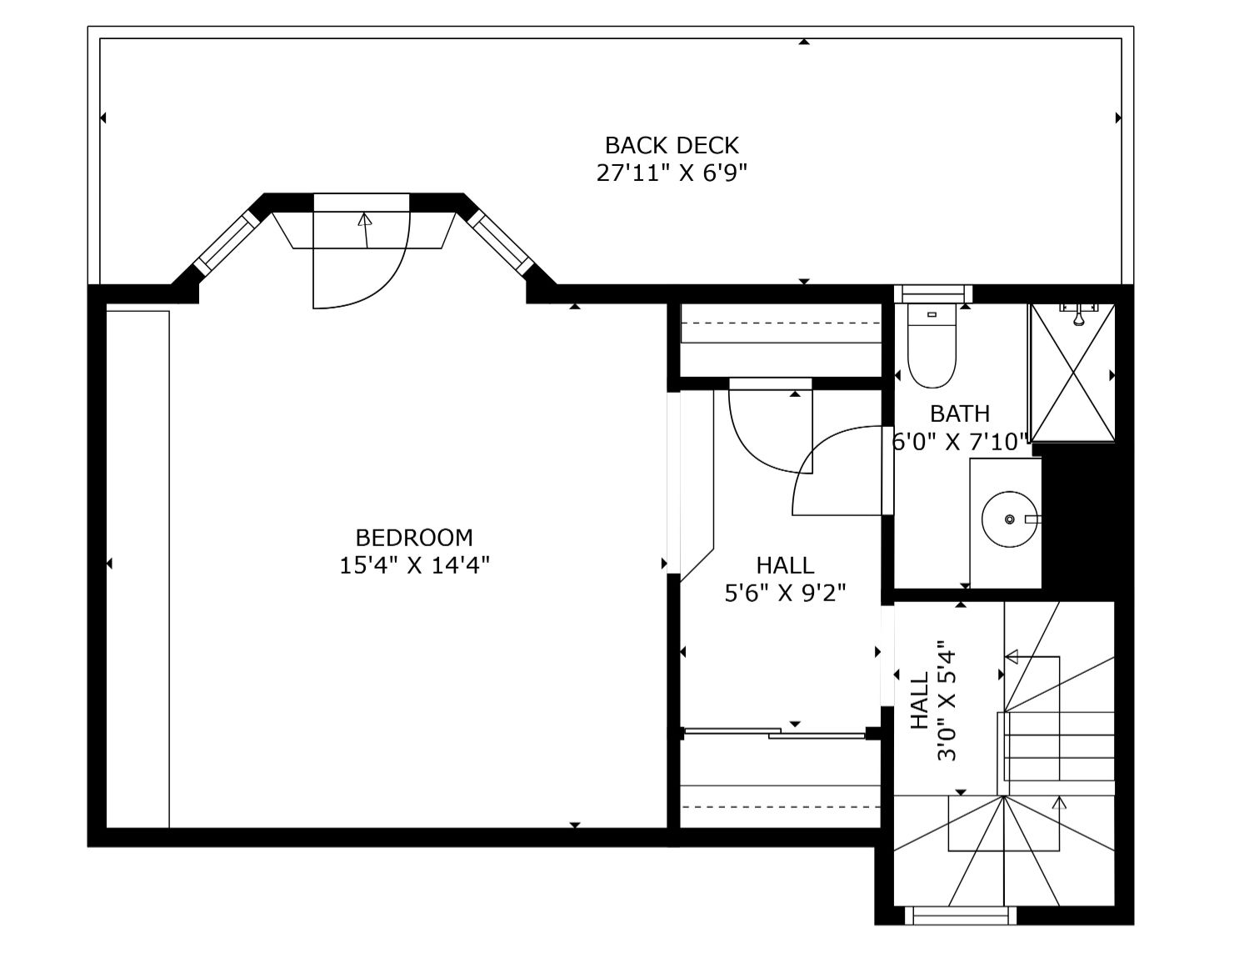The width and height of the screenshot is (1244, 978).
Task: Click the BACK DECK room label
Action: pyautogui.click(x=672, y=145)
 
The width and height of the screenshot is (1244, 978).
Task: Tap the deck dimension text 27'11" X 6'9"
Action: pyautogui.click(x=672, y=173)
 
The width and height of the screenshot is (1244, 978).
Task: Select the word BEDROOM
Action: pyautogui.click(x=414, y=538)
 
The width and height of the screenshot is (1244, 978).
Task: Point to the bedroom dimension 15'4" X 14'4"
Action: pyautogui.click(x=414, y=565)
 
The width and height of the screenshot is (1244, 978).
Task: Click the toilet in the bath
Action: pyautogui.click(x=932, y=346)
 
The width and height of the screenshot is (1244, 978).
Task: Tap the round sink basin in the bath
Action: pyautogui.click(x=1009, y=519)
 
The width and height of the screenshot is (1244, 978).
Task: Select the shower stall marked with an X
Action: pyautogui.click(x=1072, y=373)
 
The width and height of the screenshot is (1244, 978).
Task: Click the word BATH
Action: pyautogui.click(x=960, y=414)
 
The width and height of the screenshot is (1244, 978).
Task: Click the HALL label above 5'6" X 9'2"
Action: pyautogui.click(x=785, y=565)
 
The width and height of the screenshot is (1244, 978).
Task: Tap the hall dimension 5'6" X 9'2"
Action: pyautogui.click(x=785, y=593)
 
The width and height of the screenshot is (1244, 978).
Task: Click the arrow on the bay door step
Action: pyautogui.click(x=365, y=230)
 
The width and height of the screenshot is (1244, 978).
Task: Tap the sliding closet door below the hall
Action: pyautogui.click(x=775, y=733)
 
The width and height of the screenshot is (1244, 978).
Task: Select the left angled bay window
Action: pyautogui.click(x=227, y=243)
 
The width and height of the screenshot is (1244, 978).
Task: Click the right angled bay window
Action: pyautogui.click(x=500, y=243)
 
